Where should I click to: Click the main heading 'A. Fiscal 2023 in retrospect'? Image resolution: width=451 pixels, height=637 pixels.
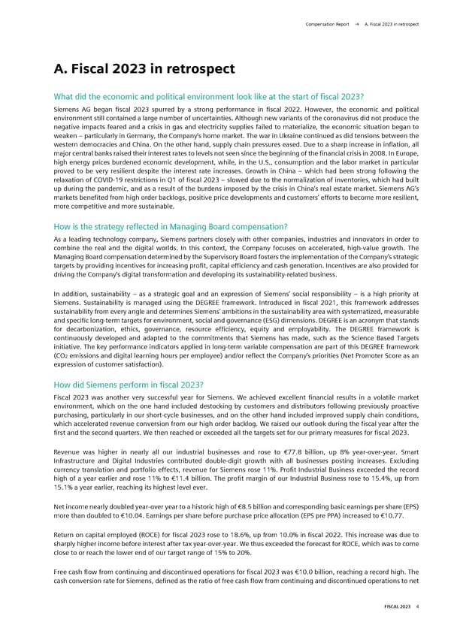[145, 70]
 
